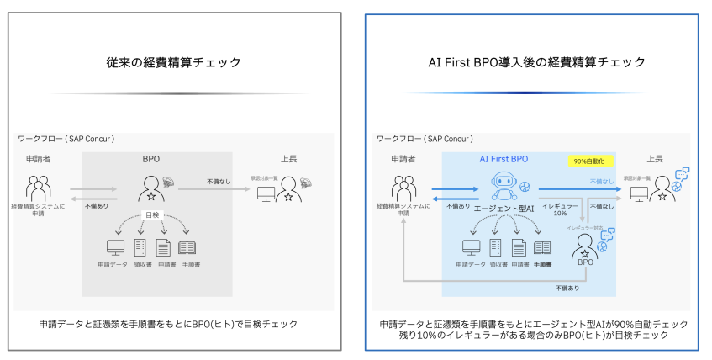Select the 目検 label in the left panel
[x=151, y=215]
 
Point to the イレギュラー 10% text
[x=559, y=208]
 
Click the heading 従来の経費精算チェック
[x=174, y=62]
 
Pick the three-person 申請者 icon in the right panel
[x=402, y=188]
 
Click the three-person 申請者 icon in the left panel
[x=39, y=188]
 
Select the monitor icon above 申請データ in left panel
[x=115, y=247]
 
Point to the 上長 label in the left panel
[x=288, y=158]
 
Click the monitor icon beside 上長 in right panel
[x=639, y=194]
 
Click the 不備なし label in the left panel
[x=219, y=181]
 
